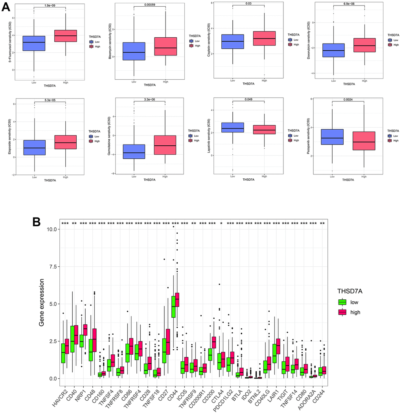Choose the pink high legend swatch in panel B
[x=342, y=312]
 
